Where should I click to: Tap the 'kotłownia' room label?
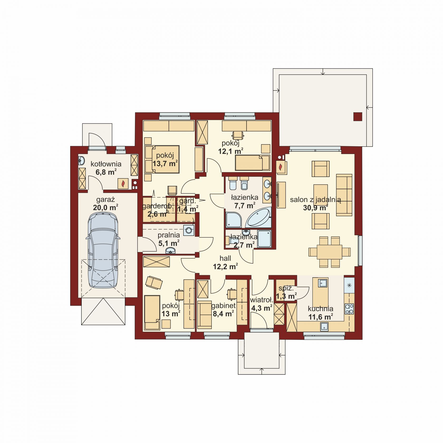pos(106,164)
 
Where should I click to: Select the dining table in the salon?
pos(329,252)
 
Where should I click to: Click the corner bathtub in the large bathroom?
pos(258,217)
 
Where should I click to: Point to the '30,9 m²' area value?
pos(315,208)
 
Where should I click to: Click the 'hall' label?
pos(225,258)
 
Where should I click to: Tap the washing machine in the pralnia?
pos(189,230)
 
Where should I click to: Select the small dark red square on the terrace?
pos(358,117)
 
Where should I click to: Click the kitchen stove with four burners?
pos(349,309)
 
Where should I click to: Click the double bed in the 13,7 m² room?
pos(162,159)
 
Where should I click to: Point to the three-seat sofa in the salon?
pos(344,195)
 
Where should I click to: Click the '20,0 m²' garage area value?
pos(105,208)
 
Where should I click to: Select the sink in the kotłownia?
pos(81,160)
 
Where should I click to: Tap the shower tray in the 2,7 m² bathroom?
pos(264,239)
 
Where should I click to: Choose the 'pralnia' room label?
pos(169,235)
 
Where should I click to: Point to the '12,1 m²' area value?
pos(231,151)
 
